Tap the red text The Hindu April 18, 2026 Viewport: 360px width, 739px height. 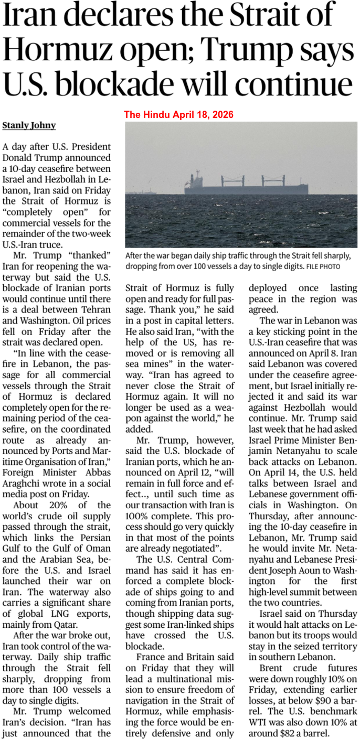[178, 114]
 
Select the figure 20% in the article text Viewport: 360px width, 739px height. [55, 505]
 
